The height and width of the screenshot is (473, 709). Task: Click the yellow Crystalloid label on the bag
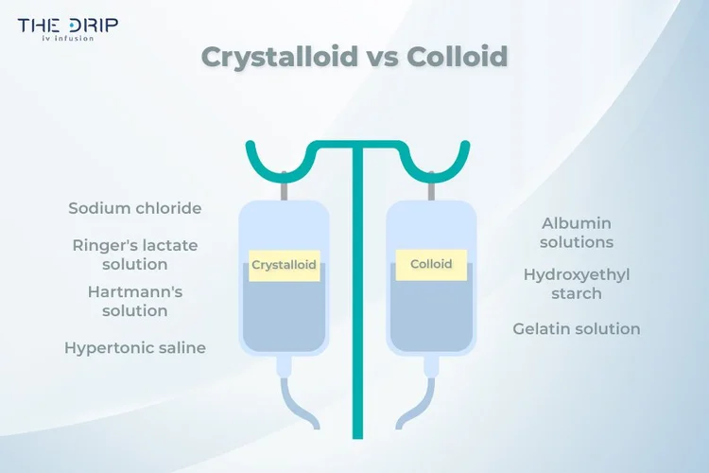284,266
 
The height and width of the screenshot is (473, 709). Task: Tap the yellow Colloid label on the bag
430,265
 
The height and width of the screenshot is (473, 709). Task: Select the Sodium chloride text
135,208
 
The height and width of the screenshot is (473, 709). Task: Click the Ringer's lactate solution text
135,254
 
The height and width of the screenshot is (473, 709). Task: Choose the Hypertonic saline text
135,347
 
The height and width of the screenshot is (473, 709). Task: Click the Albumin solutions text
577,233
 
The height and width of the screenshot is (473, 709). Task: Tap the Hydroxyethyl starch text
577,284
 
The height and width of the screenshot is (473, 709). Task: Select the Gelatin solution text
577,329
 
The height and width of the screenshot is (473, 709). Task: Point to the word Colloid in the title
458,57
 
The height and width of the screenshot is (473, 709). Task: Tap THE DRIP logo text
68,26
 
